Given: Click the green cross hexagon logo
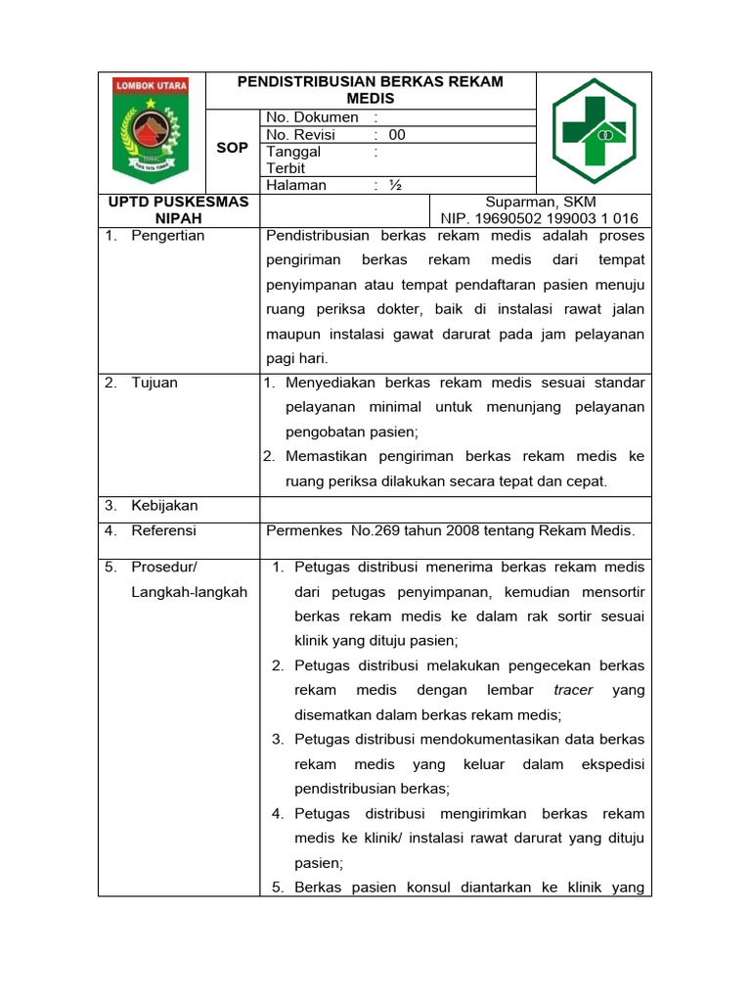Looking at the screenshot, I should point(595,131).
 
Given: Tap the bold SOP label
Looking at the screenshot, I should point(232,147).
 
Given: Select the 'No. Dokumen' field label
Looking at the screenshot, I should point(312,117).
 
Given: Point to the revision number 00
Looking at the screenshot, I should point(396,135).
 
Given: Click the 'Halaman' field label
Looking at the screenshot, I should point(296,185).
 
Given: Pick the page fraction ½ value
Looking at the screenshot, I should point(395,185).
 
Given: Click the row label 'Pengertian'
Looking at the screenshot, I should point(168,236).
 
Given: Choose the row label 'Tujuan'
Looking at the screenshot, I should point(155,383).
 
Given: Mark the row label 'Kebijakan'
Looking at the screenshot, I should point(164,506).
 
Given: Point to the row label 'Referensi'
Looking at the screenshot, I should point(164,530).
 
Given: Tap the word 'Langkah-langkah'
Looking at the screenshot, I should point(189,592).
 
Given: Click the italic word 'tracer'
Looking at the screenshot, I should point(573,690).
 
